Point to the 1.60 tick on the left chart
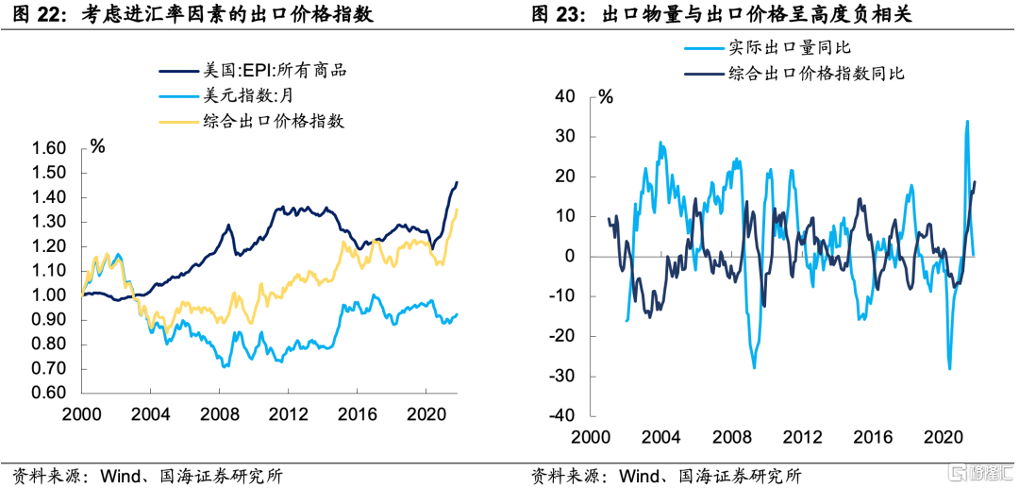coord(49,148)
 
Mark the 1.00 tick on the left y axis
coord(49,295)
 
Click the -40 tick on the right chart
coord(564,416)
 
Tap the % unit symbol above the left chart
coord(97,145)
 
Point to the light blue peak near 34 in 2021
coord(967,121)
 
